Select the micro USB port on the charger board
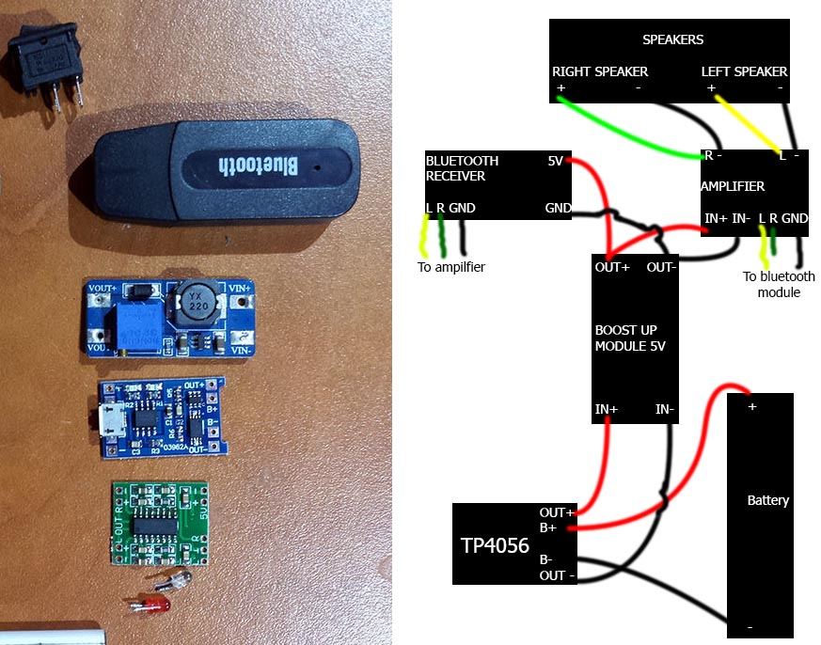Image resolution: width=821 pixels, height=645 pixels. tap(106, 419)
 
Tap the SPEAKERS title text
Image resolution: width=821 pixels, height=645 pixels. tap(672, 40)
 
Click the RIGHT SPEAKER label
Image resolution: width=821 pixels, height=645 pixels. tap(599, 71)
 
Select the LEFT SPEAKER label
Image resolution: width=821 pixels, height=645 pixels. tap(744, 71)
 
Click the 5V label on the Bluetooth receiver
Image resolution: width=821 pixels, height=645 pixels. tap(555, 161)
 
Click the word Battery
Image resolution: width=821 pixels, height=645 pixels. tap(767, 500)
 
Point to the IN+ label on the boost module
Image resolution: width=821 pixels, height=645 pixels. tap(607, 410)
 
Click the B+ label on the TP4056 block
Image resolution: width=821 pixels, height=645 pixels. tap(547, 528)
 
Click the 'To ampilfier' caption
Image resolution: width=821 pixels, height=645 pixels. tap(451, 267)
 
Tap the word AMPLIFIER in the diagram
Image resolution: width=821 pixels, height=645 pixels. tap(733, 186)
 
